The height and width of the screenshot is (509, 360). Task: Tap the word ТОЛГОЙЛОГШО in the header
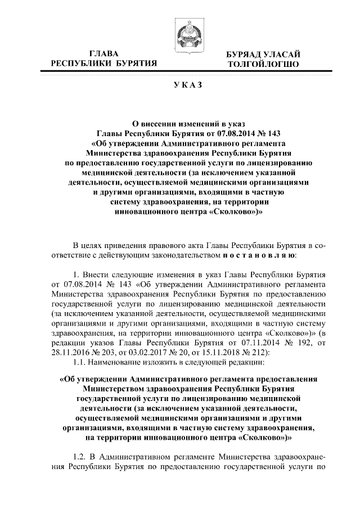[x=263, y=64]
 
